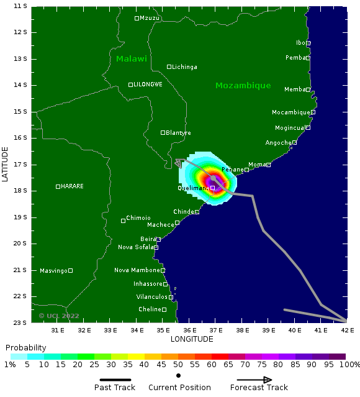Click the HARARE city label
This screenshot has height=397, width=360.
coord(72,186)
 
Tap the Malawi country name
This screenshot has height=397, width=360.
coord(132,59)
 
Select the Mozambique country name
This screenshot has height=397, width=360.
coord(243,86)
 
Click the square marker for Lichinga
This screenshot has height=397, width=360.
coord(169,67)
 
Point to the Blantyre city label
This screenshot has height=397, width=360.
coord(178,133)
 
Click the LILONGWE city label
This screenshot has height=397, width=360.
coord(148,84)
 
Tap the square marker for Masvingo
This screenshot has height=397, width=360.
coord(70,270)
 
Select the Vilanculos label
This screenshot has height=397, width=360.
coord(152,297)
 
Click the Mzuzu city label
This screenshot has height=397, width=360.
coord(150,19)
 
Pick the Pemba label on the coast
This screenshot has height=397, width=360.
coord(295,58)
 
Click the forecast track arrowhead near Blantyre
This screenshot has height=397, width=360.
coord(179,163)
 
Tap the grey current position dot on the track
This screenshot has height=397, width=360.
coord(213,178)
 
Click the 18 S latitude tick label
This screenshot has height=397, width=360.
coord(20,191)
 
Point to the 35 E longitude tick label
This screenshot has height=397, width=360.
coord(163,331)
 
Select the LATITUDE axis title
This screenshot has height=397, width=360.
coord(5,164)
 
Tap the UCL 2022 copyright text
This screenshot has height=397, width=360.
coord(59,316)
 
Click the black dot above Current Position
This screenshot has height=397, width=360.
coord(179,376)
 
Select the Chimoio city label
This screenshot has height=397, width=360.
coord(138,218)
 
